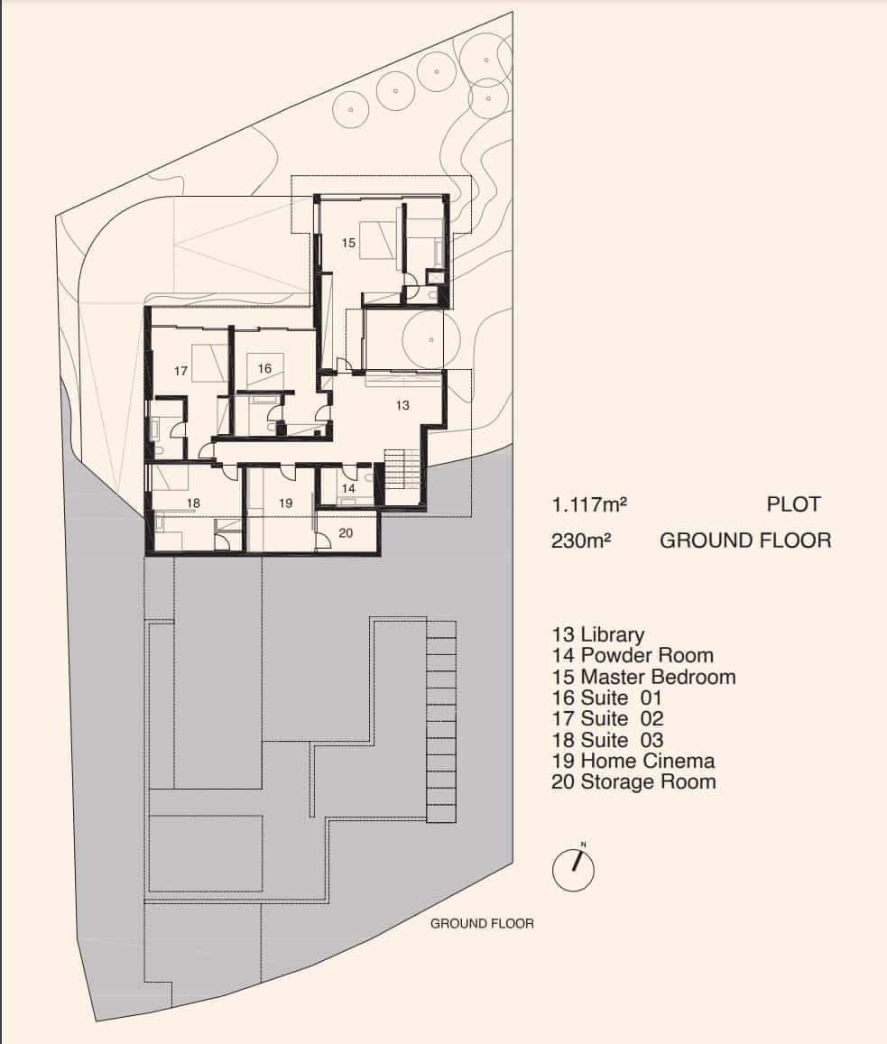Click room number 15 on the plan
[x=349, y=243]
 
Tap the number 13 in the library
[x=402, y=405]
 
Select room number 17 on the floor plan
[x=180, y=371]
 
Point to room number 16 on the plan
[x=263, y=368]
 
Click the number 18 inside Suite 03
[x=193, y=503]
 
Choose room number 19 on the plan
[x=285, y=503]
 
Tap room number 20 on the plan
[x=346, y=533]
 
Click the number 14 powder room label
[x=348, y=488]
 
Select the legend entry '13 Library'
[x=597, y=634]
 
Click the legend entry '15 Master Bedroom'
[x=643, y=677]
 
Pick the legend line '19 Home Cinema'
[x=633, y=761]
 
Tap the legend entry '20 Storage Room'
[x=633, y=781]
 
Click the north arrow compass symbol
[x=574, y=869]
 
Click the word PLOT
[x=793, y=504]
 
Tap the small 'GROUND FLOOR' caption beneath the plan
[x=482, y=923]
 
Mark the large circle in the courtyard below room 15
[x=431, y=339]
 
